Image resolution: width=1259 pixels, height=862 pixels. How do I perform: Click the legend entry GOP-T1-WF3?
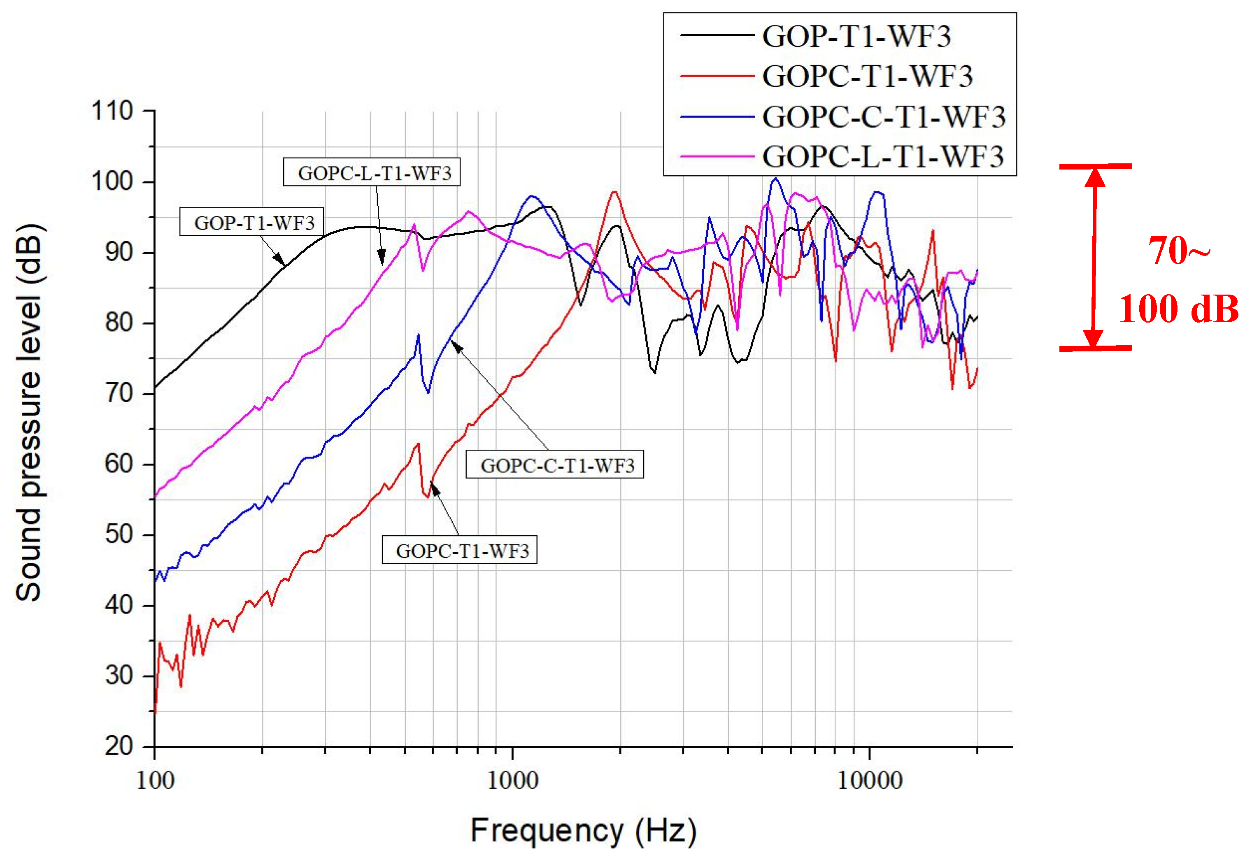856,36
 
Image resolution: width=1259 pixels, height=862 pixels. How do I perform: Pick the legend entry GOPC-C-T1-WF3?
883,116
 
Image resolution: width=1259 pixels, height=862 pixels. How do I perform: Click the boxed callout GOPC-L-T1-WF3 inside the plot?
372,173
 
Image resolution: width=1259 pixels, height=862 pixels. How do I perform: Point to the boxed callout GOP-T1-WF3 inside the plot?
252,222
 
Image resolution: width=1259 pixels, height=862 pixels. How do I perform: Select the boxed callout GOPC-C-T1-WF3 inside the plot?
555,465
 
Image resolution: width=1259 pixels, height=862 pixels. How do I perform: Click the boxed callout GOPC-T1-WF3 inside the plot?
459,550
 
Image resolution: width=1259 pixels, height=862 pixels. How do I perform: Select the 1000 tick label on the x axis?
512,780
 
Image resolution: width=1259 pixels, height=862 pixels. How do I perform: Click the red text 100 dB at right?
1178,309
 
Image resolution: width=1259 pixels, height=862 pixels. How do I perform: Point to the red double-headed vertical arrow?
1094,257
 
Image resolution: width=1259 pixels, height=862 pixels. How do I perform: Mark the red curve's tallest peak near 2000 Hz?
614,192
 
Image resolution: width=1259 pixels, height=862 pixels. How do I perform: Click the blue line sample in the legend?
716,116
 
